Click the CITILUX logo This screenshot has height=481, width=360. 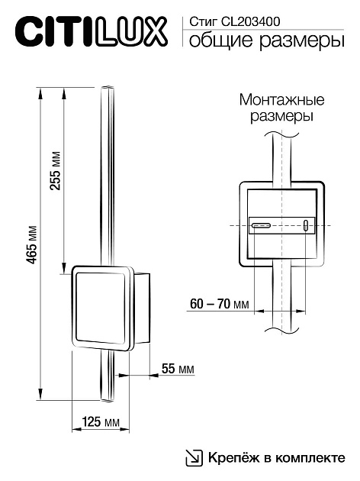(x=90, y=34)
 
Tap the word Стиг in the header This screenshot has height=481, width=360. (x=201, y=22)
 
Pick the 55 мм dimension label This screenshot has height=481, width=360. (x=177, y=369)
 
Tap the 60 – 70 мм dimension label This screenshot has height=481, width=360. (x=219, y=304)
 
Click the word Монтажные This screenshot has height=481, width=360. (x=281, y=101)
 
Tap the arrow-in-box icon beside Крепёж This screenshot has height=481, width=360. (x=194, y=458)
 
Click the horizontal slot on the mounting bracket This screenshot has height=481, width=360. (x=262, y=225)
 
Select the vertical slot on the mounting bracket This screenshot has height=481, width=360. (x=305, y=226)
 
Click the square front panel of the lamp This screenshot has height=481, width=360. (x=101, y=308)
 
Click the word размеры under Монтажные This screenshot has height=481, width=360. (x=281, y=118)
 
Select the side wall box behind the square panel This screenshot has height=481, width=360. (x=143, y=309)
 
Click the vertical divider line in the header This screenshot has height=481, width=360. (x=181, y=32)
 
